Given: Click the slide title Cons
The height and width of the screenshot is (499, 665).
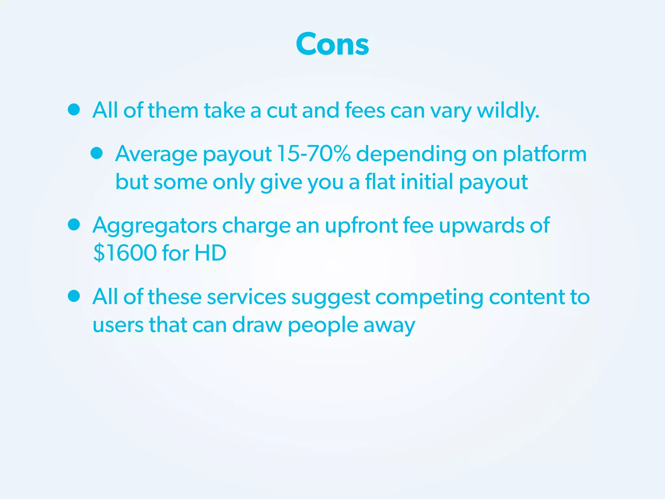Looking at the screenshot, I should point(332,44).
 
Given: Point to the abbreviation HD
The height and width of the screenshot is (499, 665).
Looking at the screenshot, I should point(210,253).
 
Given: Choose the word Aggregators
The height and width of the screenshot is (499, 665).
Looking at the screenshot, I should point(155,225).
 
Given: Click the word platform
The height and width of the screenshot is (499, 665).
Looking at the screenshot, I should point(545,154).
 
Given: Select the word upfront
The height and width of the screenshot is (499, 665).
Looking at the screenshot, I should point(361,225).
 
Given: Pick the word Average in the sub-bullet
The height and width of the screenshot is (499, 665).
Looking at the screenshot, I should point(156,154).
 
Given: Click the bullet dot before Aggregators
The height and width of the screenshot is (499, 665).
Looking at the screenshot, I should point(74,224).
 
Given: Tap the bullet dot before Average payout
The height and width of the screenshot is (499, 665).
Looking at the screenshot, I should point(97,153).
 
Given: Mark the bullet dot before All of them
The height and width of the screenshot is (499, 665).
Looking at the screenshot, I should point(74,110).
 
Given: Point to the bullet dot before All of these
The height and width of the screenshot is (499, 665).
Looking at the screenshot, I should point(74,296).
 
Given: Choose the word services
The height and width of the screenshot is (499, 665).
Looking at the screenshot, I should point(246,297).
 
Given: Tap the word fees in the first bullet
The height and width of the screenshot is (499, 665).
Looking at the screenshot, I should point(365,110).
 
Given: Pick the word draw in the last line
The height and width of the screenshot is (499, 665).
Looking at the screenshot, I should point(257,325).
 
